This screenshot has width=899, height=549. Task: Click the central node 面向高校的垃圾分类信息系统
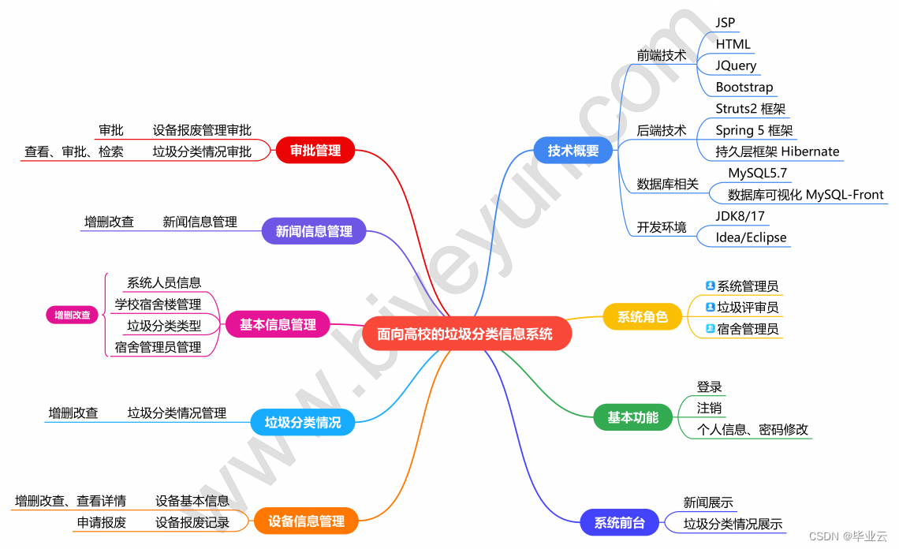coord(465,334)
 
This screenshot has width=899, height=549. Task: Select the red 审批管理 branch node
coord(315,151)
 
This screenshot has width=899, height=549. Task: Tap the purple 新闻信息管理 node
coord(314,232)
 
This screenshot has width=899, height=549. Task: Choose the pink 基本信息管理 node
coord(278,324)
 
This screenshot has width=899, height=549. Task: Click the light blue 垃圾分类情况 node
coord(303,422)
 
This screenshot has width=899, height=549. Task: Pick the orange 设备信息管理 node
coord(306,521)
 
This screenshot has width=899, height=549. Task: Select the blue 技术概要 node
coord(573,151)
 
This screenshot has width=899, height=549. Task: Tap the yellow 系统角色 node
coord(642,317)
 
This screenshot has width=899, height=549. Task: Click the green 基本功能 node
coord(632,417)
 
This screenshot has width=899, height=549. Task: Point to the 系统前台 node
coord(620,522)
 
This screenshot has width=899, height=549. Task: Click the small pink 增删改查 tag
coord(73,316)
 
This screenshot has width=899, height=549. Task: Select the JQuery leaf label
coord(736,65)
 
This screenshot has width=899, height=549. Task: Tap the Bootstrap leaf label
coord(744,87)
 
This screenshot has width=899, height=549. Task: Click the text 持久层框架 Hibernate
coord(778,151)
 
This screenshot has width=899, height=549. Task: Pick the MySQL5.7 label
coord(758,174)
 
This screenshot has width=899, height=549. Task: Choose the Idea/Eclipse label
coord(751,237)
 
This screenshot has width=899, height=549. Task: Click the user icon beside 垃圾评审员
coord(710,307)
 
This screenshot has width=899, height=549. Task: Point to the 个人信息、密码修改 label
coord(752,430)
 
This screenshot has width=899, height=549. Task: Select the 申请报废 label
coord(102,522)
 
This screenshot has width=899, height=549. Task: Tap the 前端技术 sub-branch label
coord(662,55)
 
